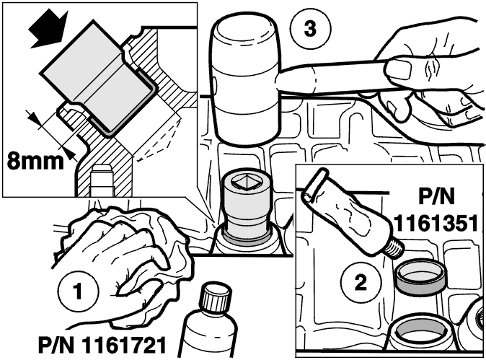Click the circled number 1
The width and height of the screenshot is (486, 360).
coord(78,291)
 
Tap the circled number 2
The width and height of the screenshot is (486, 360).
coord(361,281)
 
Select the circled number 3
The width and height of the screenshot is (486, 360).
coord(311,29)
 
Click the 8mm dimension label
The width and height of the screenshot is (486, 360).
coord(35,160)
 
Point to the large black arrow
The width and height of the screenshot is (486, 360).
coord(48,29)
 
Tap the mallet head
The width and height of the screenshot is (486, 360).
coord(245,80)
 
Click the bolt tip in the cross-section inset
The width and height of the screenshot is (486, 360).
coord(101,170)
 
